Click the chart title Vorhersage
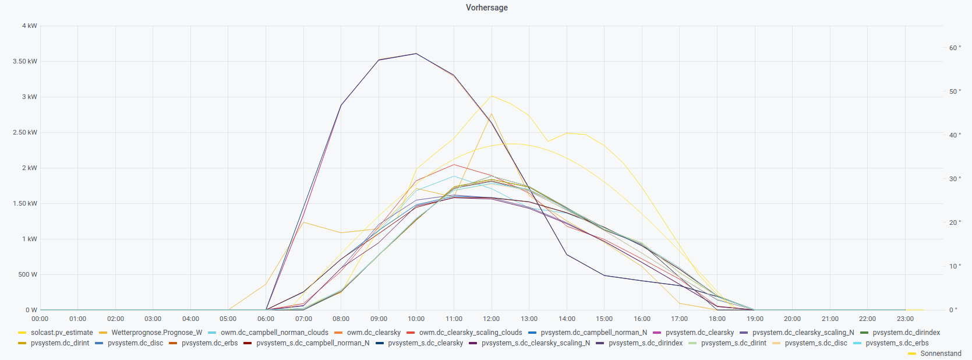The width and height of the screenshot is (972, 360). click(486, 8)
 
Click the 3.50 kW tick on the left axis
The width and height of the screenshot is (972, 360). click(25, 61)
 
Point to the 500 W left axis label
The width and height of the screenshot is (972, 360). click(27, 274)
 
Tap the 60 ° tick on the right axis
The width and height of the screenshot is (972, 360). click(955, 48)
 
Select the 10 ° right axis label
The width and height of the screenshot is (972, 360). click(955, 266)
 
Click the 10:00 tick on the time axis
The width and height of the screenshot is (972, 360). click(416, 319)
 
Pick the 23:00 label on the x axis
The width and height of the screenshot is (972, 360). click(905, 319)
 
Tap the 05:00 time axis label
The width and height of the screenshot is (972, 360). click(228, 319)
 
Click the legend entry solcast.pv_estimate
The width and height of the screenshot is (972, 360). click(62, 333)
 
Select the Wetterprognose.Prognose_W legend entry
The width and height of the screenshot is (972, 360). click(157, 333)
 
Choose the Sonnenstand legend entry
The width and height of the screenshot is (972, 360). click(941, 354)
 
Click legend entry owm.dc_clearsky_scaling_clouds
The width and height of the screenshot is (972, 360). click(470, 333)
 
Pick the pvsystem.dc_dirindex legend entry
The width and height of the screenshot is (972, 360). click(906, 333)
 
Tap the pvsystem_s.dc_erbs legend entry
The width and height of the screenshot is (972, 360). click(897, 343)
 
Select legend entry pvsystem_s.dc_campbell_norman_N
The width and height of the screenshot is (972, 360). click(313, 343)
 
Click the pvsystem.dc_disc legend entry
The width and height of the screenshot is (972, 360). click(135, 343)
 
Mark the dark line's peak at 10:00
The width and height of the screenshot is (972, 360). click(416, 54)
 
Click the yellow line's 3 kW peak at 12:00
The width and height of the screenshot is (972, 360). click(492, 96)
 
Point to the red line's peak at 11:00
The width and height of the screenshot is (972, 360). click(454, 164)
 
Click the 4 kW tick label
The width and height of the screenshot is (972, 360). click(30, 26)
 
